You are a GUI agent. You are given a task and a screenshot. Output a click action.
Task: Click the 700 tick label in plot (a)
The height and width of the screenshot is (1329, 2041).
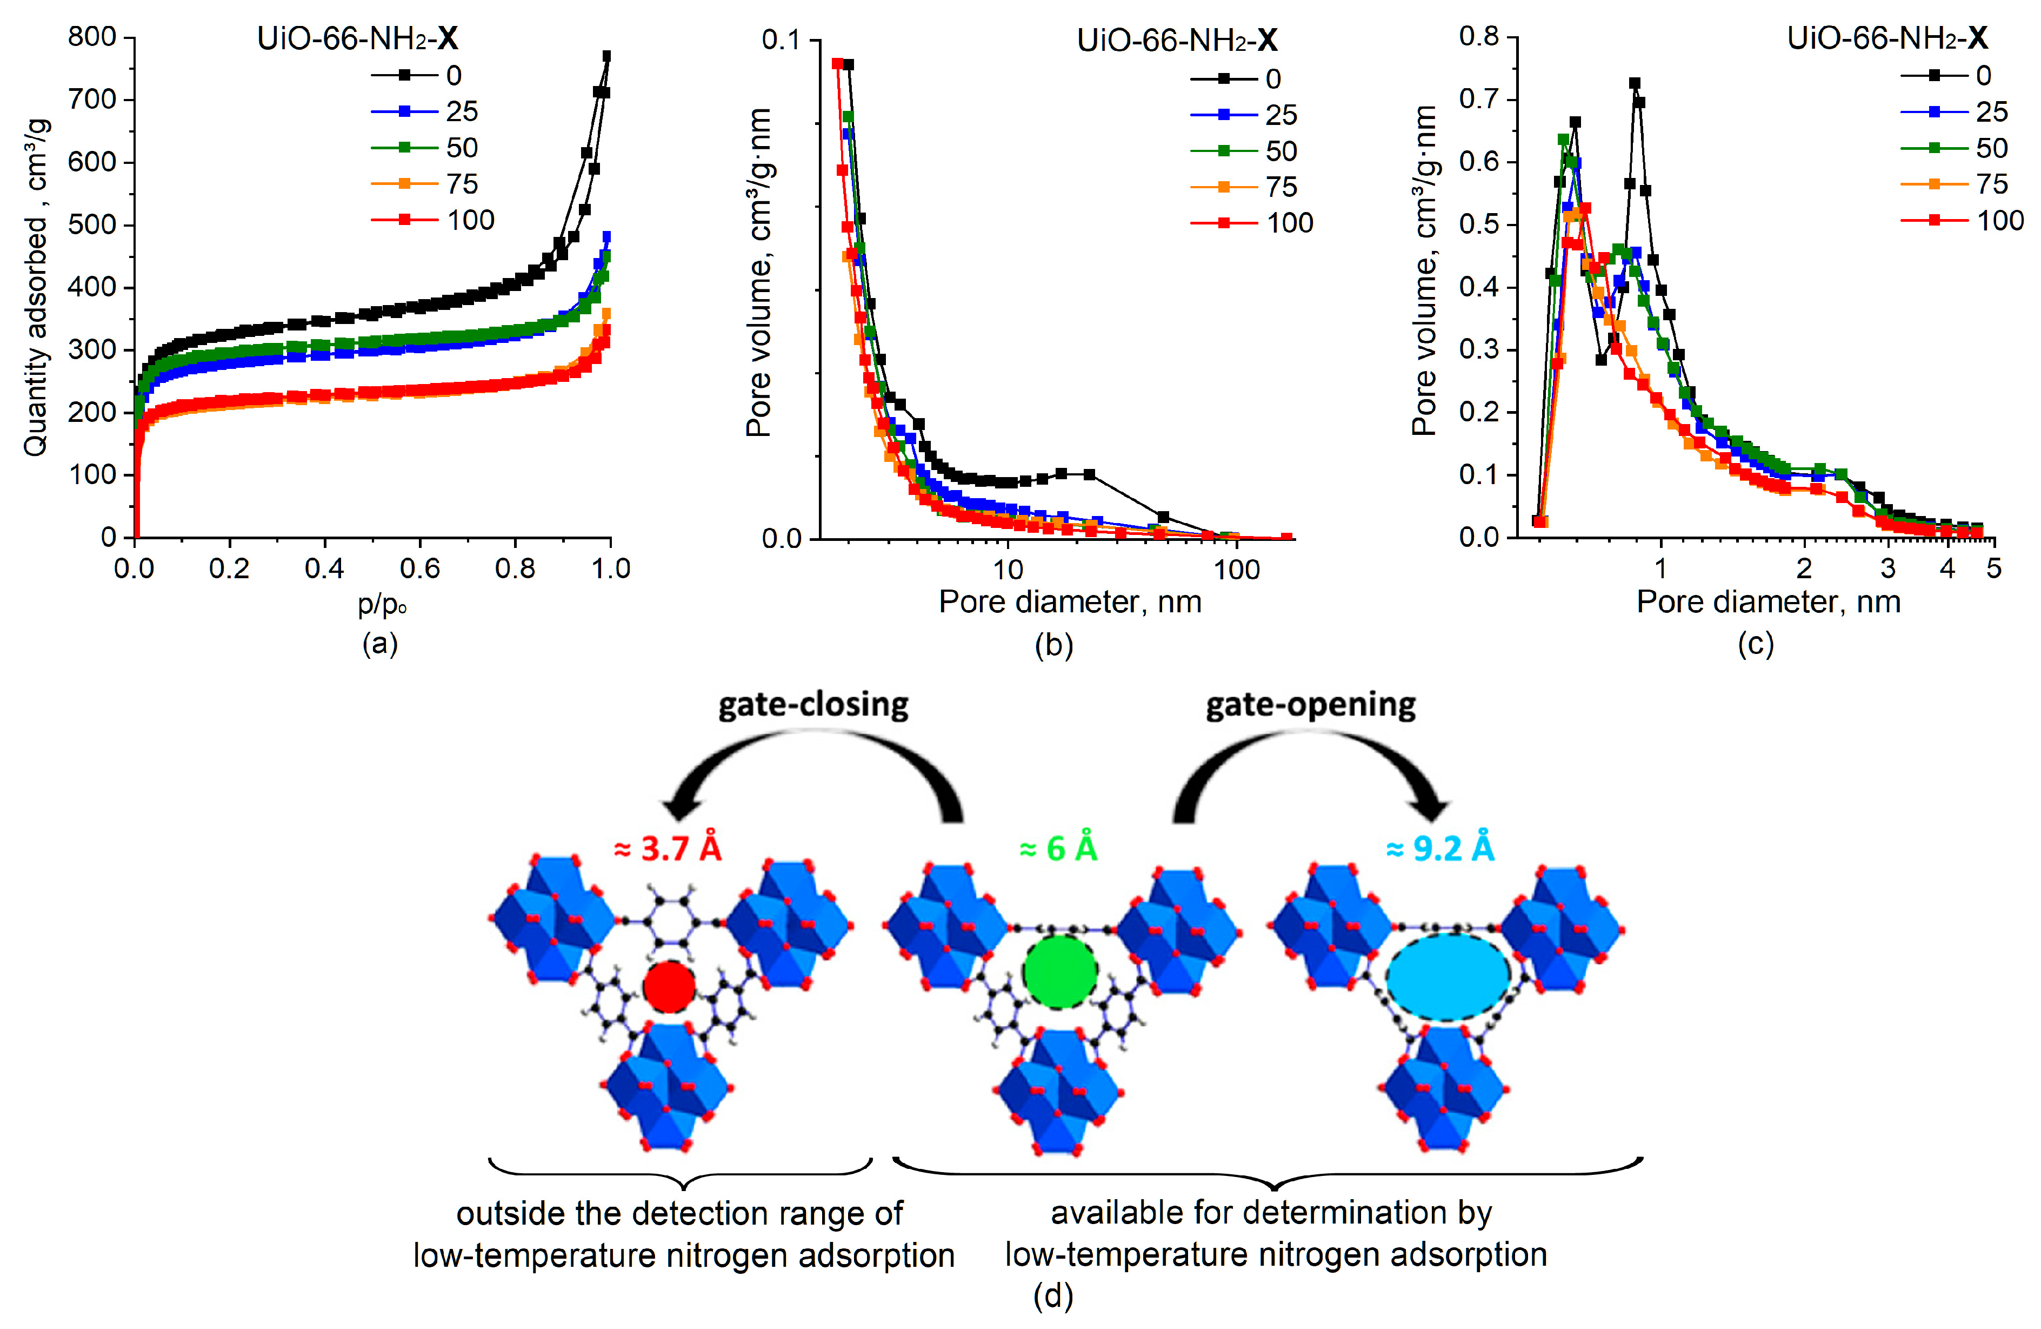pos(92,100)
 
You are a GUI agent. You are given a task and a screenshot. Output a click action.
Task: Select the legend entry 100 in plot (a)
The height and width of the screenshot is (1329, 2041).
pos(470,221)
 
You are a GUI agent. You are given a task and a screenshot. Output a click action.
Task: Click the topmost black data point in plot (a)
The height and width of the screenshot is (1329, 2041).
pos(606,57)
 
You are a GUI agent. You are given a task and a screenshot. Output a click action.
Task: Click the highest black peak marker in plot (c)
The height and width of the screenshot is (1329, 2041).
pos(1635,83)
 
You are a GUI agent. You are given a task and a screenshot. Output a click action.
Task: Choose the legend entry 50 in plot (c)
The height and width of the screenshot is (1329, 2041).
pos(1991,148)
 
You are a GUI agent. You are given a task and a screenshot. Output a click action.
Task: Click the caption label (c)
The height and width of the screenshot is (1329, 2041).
pos(1755,644)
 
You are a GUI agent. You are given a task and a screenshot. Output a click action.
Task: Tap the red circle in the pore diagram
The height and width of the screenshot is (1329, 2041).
pos(669,987)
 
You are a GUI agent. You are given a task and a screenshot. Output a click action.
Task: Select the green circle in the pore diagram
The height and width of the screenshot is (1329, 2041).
pos(1060,972)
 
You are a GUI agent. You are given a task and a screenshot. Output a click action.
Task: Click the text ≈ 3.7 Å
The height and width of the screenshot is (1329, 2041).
pos(668,849)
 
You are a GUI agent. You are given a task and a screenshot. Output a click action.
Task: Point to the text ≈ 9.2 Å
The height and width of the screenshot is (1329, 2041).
pos(1440,849)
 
